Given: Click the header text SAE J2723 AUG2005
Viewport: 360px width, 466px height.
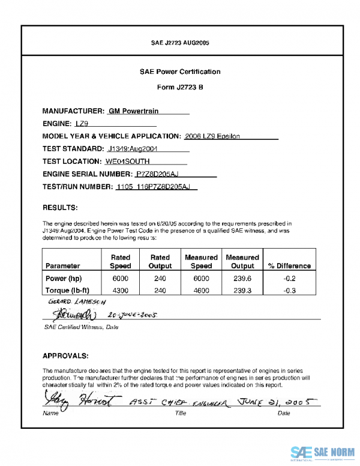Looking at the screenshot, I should point(180,43).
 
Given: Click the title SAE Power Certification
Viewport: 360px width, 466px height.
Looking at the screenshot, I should point(180,71).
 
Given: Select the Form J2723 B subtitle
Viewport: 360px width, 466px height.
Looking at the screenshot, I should point(180,87).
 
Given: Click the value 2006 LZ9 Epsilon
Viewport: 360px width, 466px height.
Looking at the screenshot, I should point(213,136).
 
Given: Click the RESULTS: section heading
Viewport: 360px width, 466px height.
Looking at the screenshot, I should point(60,208).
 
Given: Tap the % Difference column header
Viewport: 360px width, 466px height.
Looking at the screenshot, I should point(289,265).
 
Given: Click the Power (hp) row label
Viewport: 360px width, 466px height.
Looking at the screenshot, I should point(64,279).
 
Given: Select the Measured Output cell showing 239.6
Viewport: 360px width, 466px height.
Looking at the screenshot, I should point(242,279).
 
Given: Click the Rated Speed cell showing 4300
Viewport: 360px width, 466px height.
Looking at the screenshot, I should point(121,290).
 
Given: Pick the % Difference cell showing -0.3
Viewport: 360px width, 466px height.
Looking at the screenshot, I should point(289,290).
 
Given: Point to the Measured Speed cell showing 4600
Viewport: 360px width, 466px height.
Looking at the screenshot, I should point(201,290).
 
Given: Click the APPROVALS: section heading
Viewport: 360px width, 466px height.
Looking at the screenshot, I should point(66,355).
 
